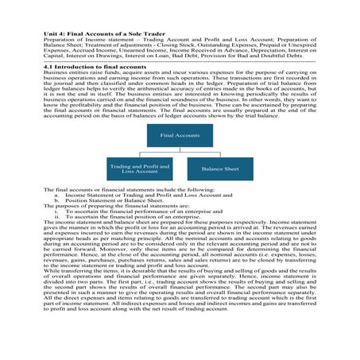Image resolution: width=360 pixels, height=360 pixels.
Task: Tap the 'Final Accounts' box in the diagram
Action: (180, 136)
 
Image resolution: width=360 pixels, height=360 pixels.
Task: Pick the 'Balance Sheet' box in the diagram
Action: (216, 169)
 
